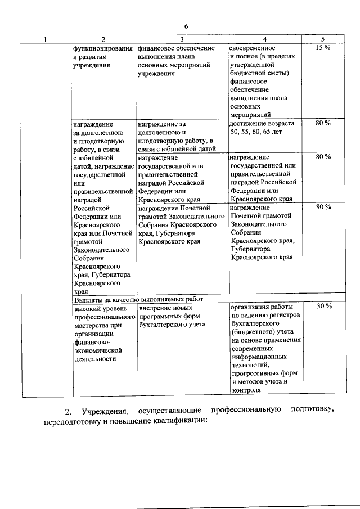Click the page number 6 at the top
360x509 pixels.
click(186, 26)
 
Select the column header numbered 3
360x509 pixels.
click(182, 39)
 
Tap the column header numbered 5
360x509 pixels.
click(322, 39)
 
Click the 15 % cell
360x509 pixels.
click(322, 48)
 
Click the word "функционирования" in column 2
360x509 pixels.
click(102, 48)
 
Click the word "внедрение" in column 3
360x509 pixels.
click(155, 307)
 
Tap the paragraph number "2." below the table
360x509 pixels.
click(68, 409)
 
